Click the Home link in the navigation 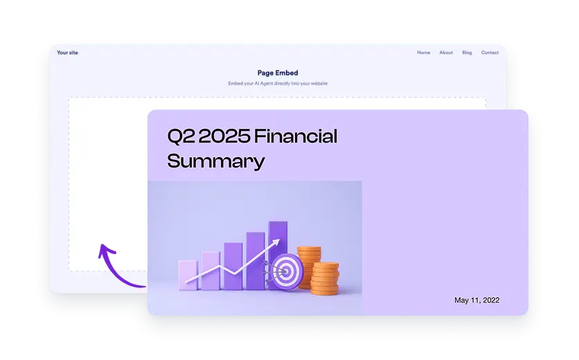tap(423, 53)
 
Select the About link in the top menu tap(446, 53)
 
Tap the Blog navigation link tap(467, 53)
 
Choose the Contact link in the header tap(490, 53)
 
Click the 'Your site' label tap(66, 53)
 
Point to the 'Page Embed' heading tap(277, 73)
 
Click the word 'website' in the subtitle tap(318, 83)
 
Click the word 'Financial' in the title tap(296, 136)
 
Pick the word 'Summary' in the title tap(216, 162)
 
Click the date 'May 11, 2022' tap(476, 300)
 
